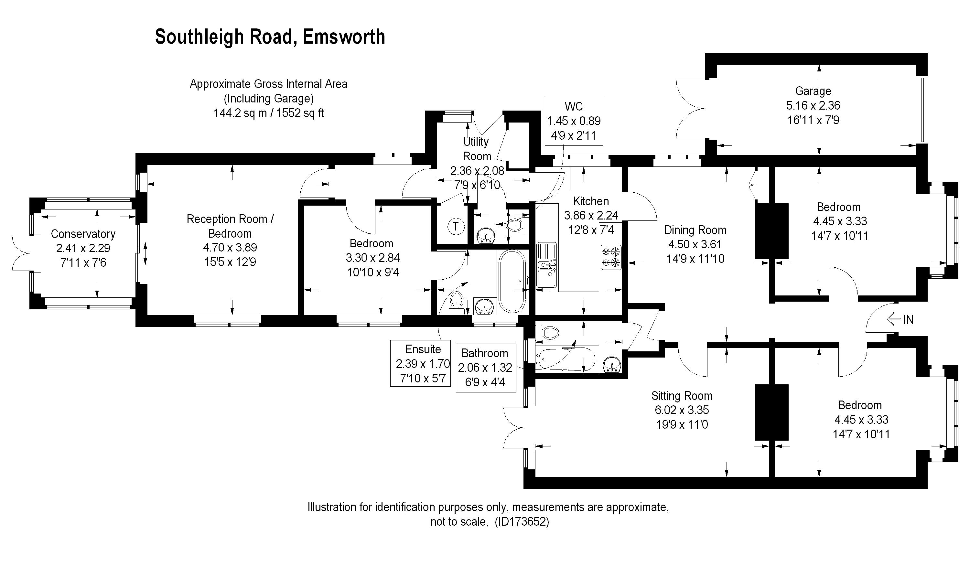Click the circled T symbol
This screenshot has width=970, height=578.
click(x=456, y=226)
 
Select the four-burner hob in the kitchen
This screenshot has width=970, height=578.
click(x=611, y=257)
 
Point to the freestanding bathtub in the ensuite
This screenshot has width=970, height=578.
click(x=512, y=281)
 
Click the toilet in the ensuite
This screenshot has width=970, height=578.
click(x=456, y=302)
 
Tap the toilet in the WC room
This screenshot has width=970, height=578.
click(x=515, y=225)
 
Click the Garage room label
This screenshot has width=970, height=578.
click(x=813, y=91)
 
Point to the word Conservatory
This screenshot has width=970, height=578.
click(x=83, y=234)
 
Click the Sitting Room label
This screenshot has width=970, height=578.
click(x=682, y=396)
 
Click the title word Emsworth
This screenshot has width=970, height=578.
click(x=344, y=37)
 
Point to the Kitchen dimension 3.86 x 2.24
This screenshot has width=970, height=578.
click(x=591, y=215)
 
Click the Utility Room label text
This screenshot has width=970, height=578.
click(x=476, y=149)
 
